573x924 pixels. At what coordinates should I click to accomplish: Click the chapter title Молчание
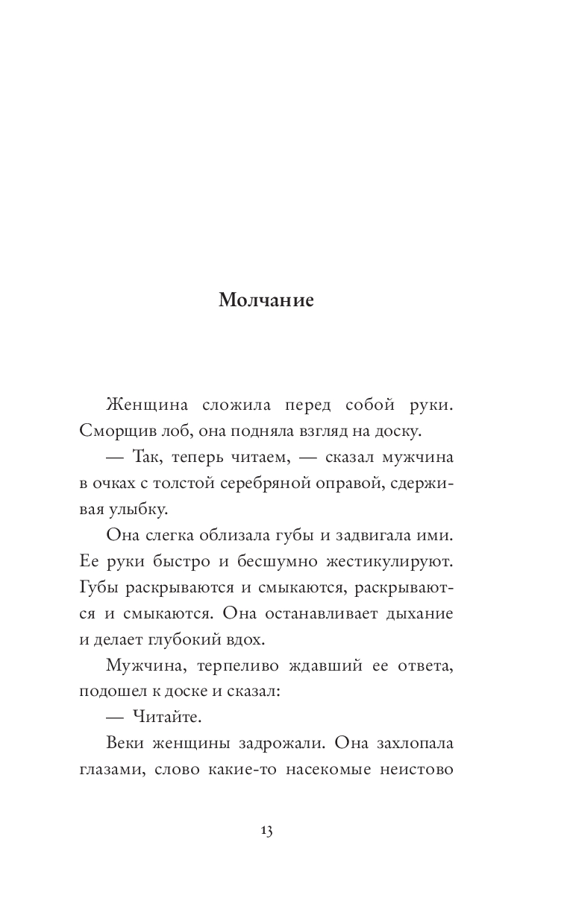(x=266, y=300)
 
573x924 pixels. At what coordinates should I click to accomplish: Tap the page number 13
(x=266, y=832)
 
